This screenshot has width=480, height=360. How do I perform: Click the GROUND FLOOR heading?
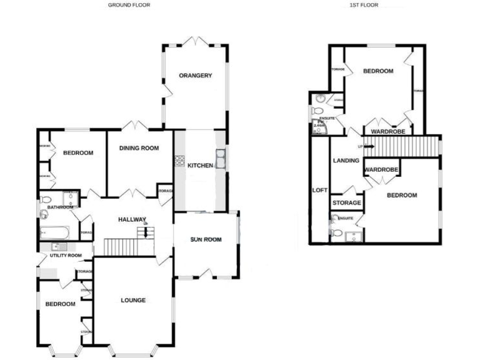129,4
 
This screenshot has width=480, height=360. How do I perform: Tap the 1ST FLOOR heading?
364,4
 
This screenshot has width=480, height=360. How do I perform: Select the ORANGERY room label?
196,76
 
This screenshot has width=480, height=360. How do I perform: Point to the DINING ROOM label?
139,148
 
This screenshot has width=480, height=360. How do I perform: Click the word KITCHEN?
201,165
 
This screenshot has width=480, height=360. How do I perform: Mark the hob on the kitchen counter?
179,161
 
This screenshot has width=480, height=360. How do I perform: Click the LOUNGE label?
133,301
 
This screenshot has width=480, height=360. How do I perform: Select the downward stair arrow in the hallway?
146,232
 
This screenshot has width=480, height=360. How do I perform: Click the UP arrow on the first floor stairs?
368,146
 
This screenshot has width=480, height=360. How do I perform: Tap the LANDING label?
346,161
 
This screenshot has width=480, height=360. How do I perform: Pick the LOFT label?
319,190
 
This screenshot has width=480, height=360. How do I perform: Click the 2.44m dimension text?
319,126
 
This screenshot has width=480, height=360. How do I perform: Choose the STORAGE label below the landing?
347,203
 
